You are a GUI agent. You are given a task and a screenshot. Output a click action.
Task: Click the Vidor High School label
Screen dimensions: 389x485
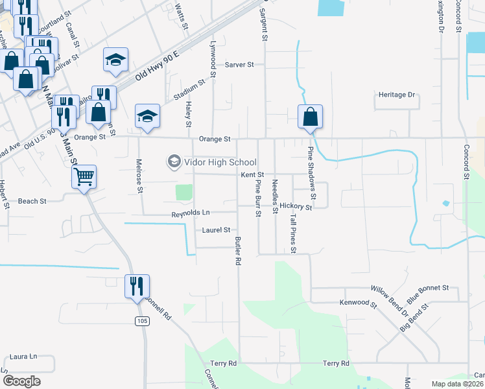(220, 162)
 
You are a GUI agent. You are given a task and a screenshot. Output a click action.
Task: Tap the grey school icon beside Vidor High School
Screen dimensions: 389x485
(174, 161)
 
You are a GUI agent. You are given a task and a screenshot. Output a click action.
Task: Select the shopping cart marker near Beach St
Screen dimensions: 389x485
(84, 176)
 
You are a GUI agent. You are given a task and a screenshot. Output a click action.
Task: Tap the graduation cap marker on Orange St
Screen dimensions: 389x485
(147, 117)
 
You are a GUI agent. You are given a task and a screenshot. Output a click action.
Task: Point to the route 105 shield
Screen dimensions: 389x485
(143, 322)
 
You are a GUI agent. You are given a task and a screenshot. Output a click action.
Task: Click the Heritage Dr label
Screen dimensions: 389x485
(396, 95)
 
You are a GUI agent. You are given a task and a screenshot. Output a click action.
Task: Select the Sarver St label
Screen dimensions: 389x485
(239, 65)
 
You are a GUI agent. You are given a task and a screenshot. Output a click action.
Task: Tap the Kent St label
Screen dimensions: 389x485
(252, 175)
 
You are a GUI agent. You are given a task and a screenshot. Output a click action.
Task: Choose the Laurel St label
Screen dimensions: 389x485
(216, 230)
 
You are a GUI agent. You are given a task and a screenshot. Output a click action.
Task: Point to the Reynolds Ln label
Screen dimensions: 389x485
(191, 213)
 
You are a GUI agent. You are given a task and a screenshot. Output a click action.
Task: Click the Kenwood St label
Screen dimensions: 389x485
(358, 303)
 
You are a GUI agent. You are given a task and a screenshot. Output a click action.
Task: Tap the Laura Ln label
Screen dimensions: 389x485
(24, 357)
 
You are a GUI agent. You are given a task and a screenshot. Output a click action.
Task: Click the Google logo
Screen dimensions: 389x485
(21, 381)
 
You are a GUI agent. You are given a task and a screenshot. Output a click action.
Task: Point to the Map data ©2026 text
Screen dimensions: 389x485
(457, 384)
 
